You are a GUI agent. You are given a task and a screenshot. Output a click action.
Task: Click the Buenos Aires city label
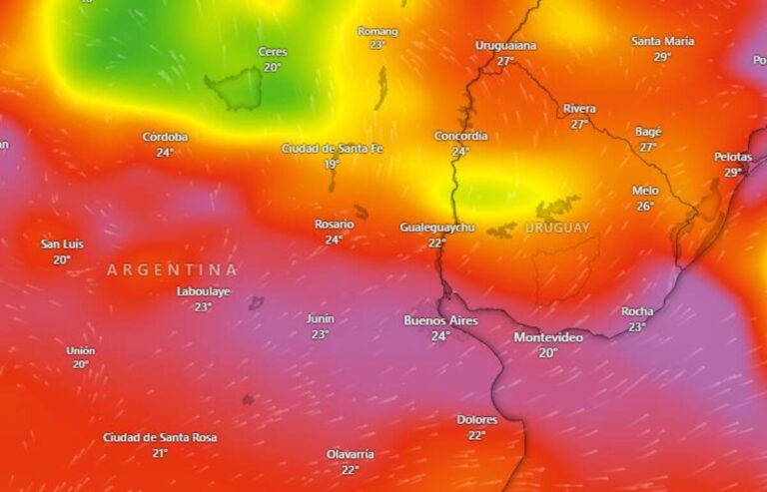point(440,320)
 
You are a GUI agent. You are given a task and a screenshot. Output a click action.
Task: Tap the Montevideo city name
point(548,337)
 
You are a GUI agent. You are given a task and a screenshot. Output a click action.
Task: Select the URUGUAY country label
point(557,228)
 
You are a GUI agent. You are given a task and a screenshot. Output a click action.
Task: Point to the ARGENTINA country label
point(173,269)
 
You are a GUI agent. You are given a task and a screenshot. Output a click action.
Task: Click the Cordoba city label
point(165,137)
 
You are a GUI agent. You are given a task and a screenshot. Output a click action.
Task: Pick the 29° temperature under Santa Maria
point(662,57)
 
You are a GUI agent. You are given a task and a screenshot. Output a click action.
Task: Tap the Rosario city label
point(334,225)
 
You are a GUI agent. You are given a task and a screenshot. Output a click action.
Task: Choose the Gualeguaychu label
point(437,228)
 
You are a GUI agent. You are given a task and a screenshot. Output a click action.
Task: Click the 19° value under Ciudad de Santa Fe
point(332,164)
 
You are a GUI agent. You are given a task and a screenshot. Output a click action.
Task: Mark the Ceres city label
point(272,52)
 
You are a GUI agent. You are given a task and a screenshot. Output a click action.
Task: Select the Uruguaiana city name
point(505,45)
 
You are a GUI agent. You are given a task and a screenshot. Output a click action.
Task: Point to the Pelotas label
point(733,157)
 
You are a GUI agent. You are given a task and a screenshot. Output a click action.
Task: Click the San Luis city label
point(62,244)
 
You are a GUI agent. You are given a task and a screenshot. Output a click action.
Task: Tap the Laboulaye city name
point(203,291)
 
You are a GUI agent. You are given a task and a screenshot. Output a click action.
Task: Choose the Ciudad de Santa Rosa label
point(160,437)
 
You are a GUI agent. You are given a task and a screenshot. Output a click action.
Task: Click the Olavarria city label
point(350,454)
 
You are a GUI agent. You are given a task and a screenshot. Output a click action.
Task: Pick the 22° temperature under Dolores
point(476,435)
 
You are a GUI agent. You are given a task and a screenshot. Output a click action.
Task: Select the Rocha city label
point(637,311)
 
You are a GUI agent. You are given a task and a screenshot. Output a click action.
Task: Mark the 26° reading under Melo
point(645,207)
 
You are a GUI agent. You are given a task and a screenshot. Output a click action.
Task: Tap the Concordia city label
point(460,136)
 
